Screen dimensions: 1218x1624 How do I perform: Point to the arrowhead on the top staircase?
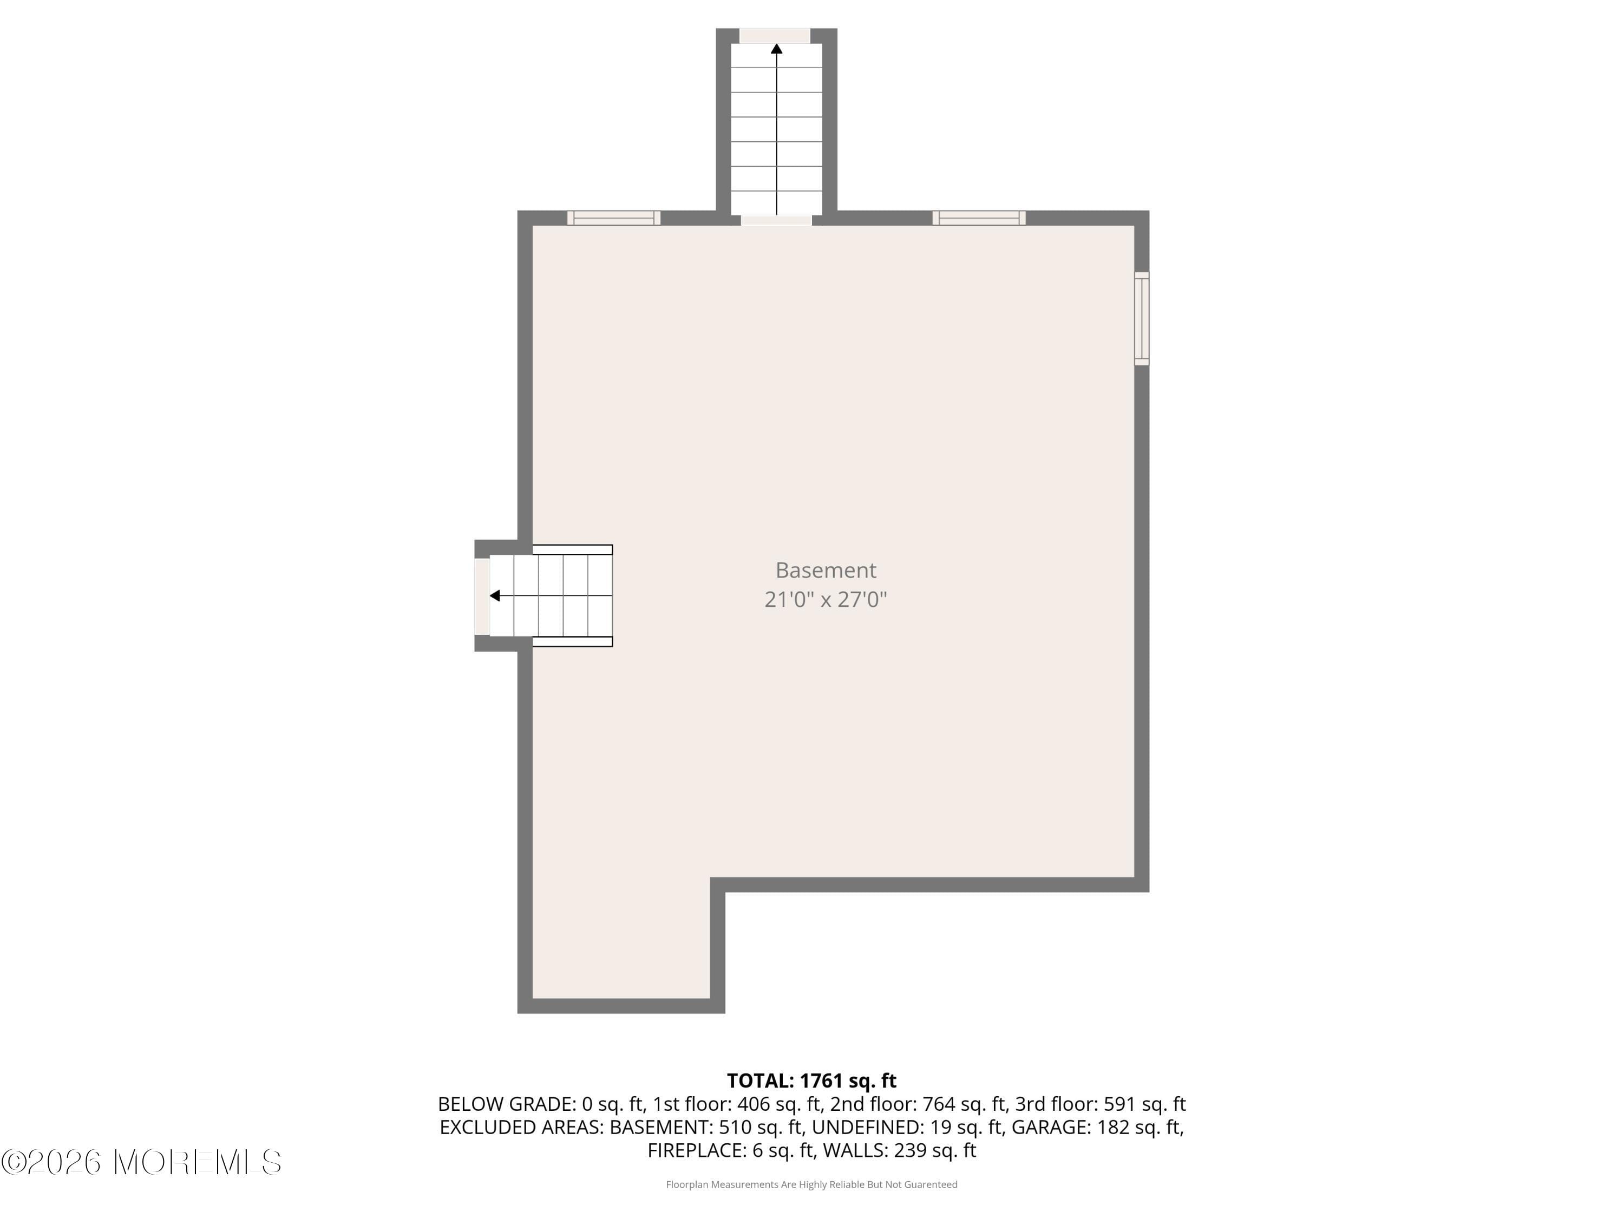(x=776, y=49)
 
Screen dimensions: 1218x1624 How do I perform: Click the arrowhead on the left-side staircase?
(x=495, y=595)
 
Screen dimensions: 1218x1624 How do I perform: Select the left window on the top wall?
(x=614, y=218)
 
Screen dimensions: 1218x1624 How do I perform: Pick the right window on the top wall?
(x=979, y=218)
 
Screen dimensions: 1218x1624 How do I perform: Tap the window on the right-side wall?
(x=1142, y=319)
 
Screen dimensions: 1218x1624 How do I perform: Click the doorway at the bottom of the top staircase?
(x=776, y=220)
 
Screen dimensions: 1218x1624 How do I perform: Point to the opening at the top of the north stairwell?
(x=775, y=35)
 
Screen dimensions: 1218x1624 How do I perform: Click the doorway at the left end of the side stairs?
(x=482, y=596)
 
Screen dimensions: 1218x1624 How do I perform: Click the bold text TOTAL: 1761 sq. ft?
(x=811, y=1081)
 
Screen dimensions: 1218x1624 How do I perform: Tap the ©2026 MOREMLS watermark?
(x=141, y=1162)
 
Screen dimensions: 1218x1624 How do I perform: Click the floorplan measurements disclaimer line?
(x=811, y=1184)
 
